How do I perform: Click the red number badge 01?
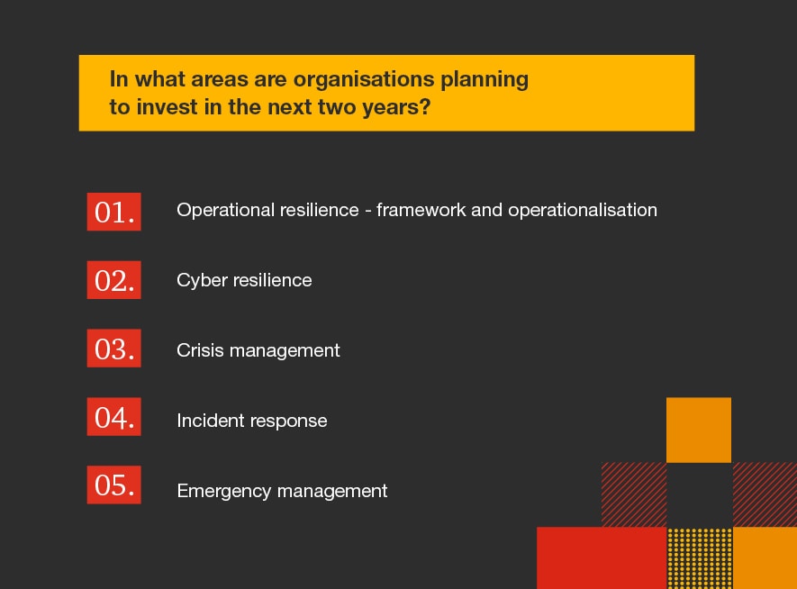coord(113,212)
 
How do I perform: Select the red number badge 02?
coord(113,280)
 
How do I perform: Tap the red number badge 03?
coord(113,349)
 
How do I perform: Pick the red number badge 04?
coord(113,418)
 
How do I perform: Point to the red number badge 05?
coord(113,485)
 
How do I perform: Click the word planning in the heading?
coord(485,80)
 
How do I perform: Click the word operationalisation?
coord(583,211)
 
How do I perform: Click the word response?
coord(290,421)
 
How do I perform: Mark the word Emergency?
coord(223,492)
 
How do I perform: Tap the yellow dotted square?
coord(700,558)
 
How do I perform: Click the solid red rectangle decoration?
coord(601,557)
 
